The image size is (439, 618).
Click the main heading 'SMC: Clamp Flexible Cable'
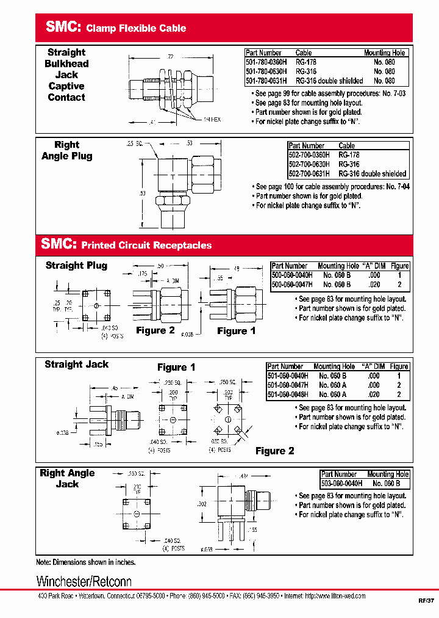click(116, 27)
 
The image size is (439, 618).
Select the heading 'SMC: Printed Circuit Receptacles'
click(126, 245)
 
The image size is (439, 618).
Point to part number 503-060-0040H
click(341, 483)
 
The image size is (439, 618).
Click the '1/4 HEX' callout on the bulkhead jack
click(212, 119)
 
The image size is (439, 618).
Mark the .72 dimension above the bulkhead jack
click(170, 57)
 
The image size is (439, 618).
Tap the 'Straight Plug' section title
click(76, 266)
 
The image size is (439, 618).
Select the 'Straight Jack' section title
click(76, 365)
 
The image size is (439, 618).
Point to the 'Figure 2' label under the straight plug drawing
click(155, 330)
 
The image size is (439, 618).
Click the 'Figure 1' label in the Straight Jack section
click(176, 367)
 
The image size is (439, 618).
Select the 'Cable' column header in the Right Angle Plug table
click(347, 146)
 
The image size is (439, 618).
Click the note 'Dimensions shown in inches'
click(85, 562)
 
